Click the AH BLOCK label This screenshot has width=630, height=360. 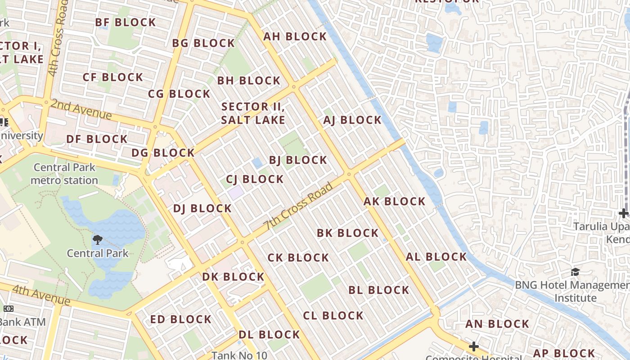pyautogui.click(x=295, y=36)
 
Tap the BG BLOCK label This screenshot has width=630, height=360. pyautogui.click(x=203, y=43)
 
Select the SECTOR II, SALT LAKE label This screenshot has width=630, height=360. pyautogui.click(x=253, y=113)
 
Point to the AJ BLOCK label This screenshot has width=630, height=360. pyautogui.click(x=352, y=120)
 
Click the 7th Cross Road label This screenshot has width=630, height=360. pyautogui.click(x=299, y=206)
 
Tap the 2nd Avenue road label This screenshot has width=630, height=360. pyautogui.click(x=81, y=109)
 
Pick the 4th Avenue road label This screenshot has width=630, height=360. pyautogui.click(x=41, y=295)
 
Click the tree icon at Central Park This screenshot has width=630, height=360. pyautogui.click(x=97, y=239)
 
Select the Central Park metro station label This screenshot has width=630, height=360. pyautogui.click(x=64, y=174)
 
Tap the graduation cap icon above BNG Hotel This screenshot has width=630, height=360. pyautogui.click(x=575, y=272)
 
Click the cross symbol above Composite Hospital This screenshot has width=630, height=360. pyautogui.click(x=473, y=346)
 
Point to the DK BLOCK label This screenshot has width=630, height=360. pyautogui.click(x=233, y=277)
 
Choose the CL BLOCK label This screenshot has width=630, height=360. pyautogui.click(x=333, y=316)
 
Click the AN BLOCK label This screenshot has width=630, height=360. pyautogui.click(x=497, y=324)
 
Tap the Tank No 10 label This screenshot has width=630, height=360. pyautogui.click(x=239, y=355)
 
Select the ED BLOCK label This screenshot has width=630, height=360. pyautogui.click(x=181, y=319)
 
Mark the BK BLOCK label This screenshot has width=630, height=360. pyautogui.click(x=347, y=233)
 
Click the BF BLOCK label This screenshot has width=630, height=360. pyautogui.click(x=126, y=22)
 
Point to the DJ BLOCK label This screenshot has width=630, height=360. pyautogui.click(x=202, y=209)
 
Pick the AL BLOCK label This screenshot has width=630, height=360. pyautogui.click(x=436, y=257)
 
